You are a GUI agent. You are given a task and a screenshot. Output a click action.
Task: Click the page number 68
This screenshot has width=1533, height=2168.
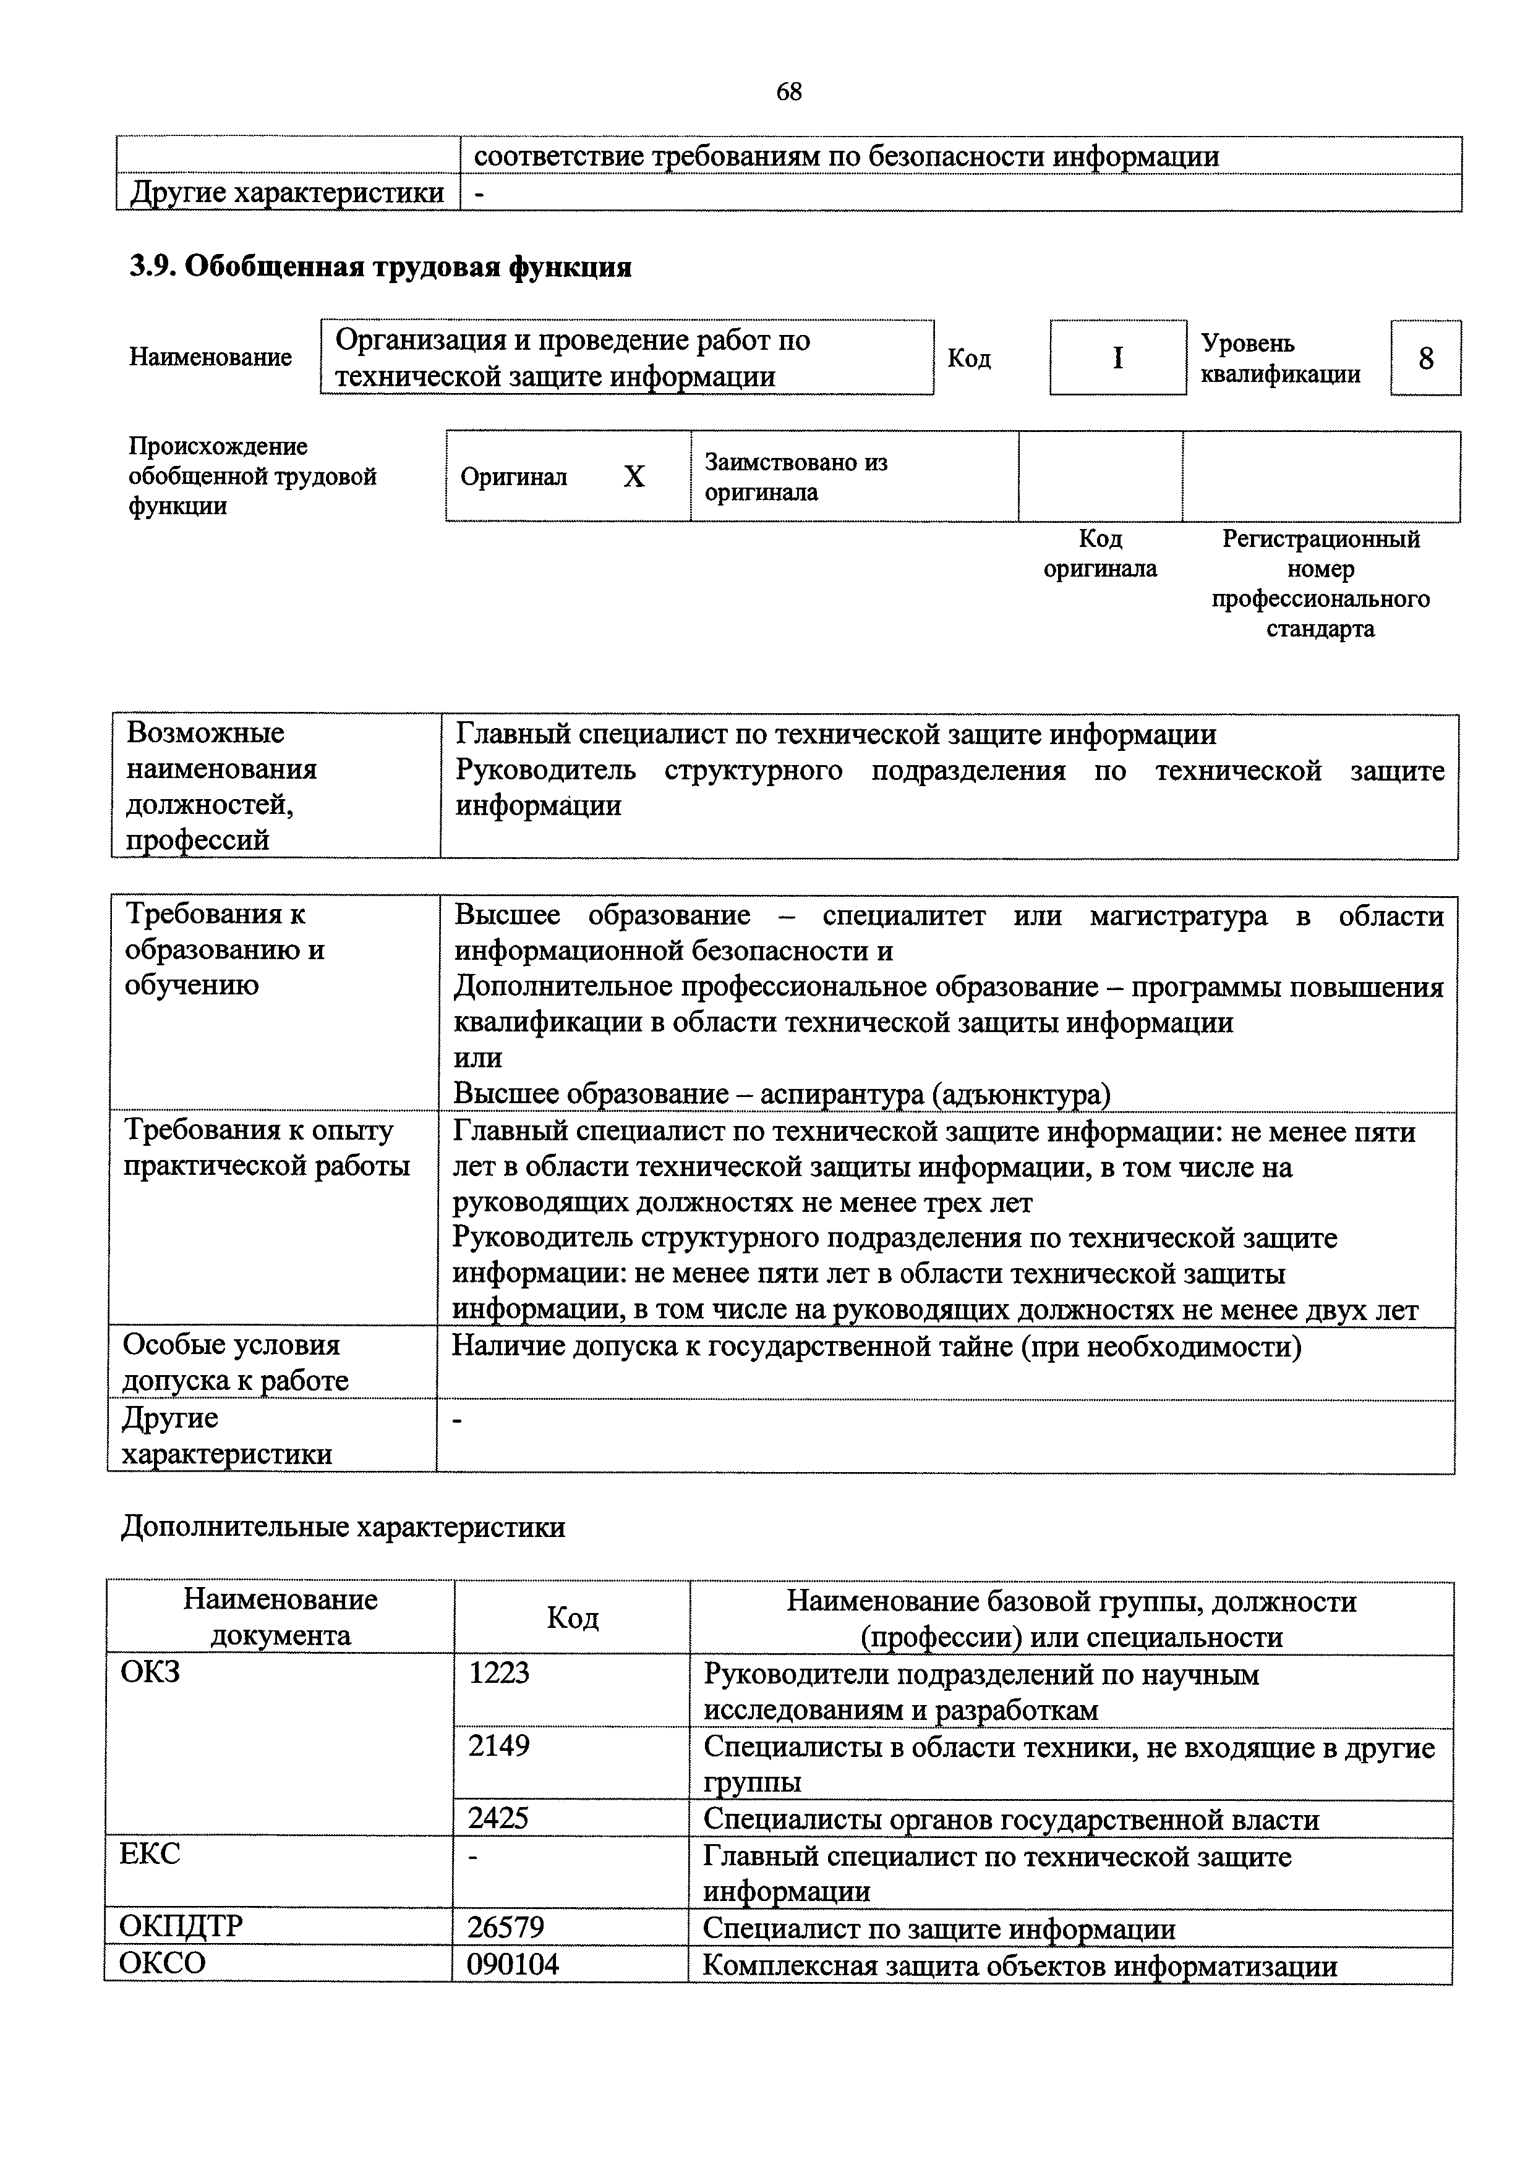tap(788, 91)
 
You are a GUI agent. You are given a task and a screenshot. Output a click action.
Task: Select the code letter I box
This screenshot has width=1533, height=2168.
tap(1117, 358)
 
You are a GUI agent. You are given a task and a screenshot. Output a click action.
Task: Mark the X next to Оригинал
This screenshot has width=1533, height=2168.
tap(634, 478)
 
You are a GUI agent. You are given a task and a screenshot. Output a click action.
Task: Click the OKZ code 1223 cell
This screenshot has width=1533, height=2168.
tap(500, 1673)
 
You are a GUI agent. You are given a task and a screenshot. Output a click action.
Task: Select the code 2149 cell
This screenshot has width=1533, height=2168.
tap(500, 1745)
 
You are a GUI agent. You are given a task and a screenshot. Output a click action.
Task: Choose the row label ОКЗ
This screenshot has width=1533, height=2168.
tap(150, 1672)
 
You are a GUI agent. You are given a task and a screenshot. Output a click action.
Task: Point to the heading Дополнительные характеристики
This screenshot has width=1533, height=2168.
tap(343, 1527)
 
